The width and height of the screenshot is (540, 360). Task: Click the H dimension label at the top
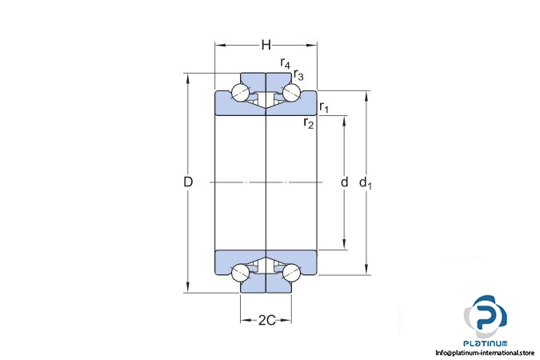266,45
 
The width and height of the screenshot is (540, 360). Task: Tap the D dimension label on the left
188,182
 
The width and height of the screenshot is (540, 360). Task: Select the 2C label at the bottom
267,320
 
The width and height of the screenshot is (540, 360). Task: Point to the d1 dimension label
366,182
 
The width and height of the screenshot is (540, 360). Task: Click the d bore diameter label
344,182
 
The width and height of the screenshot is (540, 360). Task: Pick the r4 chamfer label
285,63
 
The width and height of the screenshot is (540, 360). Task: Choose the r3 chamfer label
298,74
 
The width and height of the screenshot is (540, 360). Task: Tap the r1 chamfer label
324,106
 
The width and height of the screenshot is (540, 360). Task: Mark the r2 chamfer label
309,122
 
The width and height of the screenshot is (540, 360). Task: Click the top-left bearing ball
240,93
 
